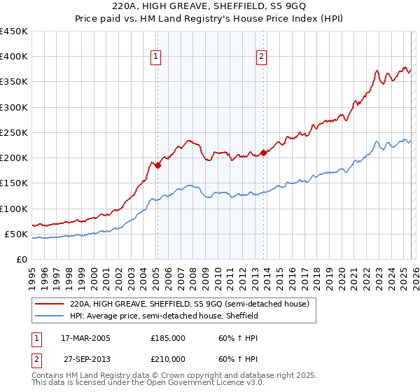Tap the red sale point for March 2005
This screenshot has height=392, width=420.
click(x=157, y=166)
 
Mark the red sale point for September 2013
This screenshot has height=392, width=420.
click(x=263, y=153)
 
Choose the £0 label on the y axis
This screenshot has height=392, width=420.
click(x=21, y=259)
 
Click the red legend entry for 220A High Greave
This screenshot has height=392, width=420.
click(x=194, y=304)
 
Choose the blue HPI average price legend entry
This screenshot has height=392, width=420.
click(x=164, y=316)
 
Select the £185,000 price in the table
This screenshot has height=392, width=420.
click(x=168, y=337)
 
